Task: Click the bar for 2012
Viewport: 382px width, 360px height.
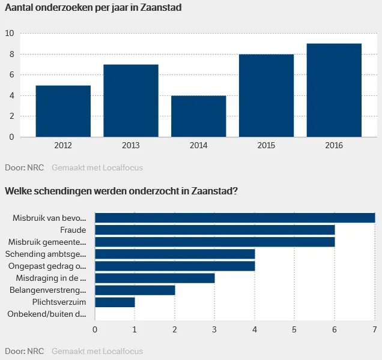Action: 63,111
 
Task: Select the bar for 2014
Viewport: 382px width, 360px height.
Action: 198,116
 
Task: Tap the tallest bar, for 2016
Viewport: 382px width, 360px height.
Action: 334,90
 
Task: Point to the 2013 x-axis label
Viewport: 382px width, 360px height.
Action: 130,145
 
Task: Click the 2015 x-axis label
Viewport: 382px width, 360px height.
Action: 266,145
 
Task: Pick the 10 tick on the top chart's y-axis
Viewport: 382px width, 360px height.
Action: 9,34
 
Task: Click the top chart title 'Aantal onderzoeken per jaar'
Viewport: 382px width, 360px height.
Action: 93,8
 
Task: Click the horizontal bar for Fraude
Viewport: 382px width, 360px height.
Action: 214,230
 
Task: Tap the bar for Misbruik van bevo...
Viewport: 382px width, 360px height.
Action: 235,218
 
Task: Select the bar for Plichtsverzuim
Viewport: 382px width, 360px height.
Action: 115,302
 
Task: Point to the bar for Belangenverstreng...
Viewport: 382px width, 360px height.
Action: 135,290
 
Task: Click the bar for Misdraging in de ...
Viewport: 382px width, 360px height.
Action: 154,278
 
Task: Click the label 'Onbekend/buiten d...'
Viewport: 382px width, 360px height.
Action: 47,314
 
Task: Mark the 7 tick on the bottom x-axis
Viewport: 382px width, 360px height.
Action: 374,329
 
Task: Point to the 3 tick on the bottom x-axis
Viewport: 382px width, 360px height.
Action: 214,329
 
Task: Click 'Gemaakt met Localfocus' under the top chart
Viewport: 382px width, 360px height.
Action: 97,168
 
